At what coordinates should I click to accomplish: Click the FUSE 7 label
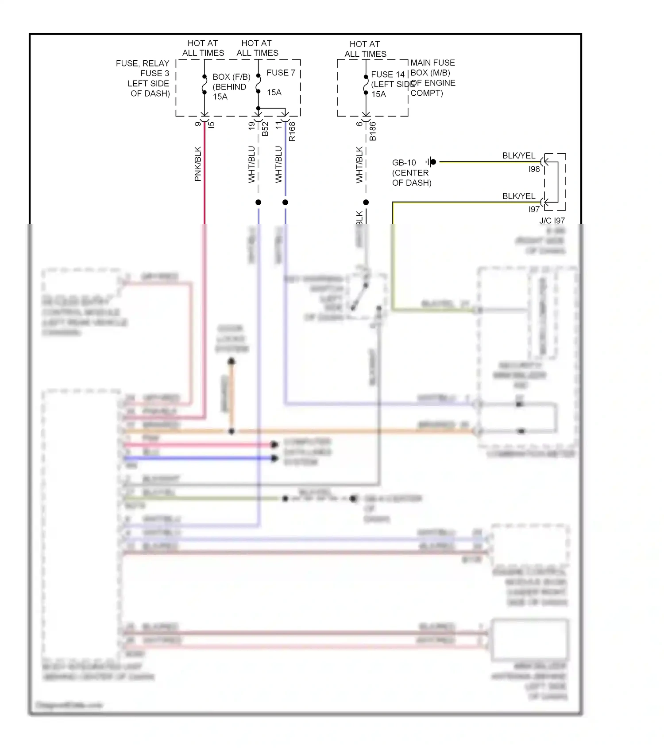(x=281, y=73)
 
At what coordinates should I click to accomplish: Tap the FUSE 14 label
(x=388, y=74)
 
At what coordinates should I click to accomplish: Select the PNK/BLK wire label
(x=198, y=164)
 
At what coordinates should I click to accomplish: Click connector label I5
(x=212, y=125)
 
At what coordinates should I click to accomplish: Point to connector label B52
(x=265, y=129)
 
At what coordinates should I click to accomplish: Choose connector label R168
(x=292, y=132)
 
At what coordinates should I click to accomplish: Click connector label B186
(x=373, y=132)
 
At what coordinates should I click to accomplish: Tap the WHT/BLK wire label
(x=359, y=165)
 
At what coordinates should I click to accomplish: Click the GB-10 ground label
(x=404, y=163)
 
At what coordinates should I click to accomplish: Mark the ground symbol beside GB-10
(x=431, y=162)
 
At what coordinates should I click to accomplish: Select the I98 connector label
(x=534, y=169)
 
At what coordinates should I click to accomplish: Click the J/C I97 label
(x=552, y=221)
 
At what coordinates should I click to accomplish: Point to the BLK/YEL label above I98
(x=518, y=156)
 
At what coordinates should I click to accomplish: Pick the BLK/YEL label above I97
(x=518, y=196)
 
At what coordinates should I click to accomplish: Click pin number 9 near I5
(x=198, y=124)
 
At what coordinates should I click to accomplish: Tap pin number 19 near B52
(x=251, y=125)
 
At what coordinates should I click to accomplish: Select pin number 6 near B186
(x=359, y=124)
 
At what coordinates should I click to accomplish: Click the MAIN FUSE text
(x=432, y=63)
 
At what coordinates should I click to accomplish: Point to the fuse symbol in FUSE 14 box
(x=366, y=85)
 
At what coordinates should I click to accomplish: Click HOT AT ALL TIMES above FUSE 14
(x=365, y=49)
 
